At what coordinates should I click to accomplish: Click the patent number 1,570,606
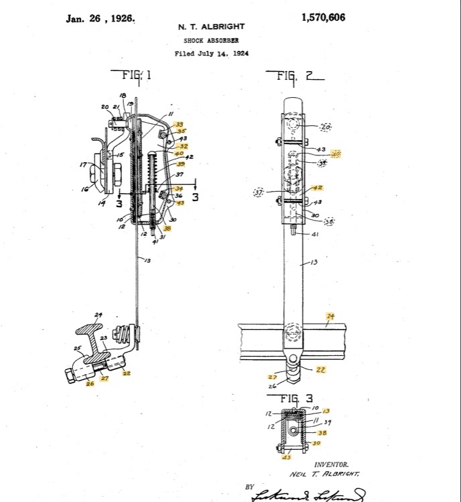[324, 17]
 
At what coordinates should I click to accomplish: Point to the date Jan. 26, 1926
[101, 18]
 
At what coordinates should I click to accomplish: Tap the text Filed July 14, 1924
[211, 54]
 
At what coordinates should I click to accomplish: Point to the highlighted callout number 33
[180, 124]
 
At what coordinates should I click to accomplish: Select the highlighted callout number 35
[181, 131]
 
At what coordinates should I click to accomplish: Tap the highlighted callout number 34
[179, 188]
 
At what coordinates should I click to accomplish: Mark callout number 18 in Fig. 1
[123, 96]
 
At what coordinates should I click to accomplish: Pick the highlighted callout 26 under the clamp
[90, 384]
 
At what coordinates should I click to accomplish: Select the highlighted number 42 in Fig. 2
[318, 188]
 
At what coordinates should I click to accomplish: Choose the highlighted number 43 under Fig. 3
[287, 458]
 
